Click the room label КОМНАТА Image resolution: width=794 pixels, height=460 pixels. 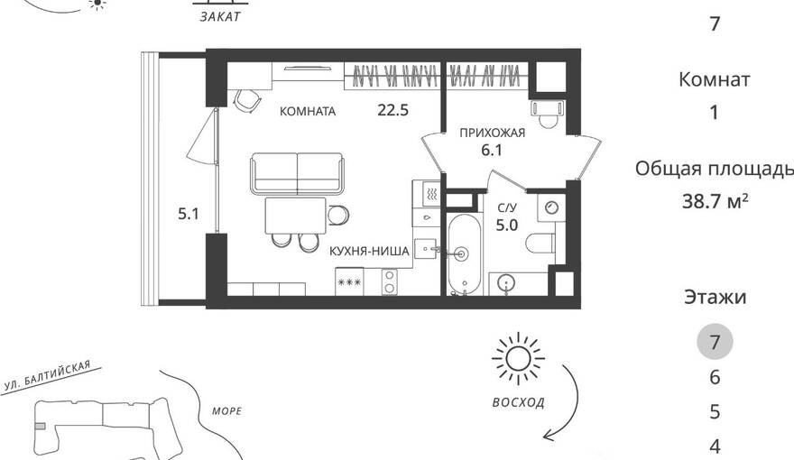pos(308,111)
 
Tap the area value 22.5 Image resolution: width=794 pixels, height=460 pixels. pos(393,110)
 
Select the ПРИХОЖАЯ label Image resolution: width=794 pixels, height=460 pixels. pos(493,133)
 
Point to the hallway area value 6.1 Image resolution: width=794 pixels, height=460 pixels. pos(492,151)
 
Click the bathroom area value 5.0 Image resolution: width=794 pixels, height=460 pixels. pos(507,225)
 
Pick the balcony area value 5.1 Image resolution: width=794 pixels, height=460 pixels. pos(189,214)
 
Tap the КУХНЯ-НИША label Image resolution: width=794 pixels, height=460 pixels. pos(369,251)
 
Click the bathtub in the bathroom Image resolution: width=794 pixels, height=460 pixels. pos(464,255)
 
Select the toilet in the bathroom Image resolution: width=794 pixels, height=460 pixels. pos(540,244)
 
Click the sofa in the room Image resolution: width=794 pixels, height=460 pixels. pos(297,173)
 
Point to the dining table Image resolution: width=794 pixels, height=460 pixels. pos(296,216)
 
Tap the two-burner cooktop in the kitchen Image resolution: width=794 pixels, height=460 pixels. pos(390,282)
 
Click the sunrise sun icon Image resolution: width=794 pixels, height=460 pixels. pos(518,359)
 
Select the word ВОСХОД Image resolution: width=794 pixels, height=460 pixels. pos(519,403)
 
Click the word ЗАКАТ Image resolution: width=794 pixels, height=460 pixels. pos(220,17)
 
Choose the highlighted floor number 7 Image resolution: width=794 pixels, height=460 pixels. pos(715,342)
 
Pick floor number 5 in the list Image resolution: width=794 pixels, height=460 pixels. pos(715,412)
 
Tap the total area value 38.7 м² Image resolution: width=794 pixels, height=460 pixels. pos(715,201)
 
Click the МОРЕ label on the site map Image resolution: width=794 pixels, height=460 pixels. pos(226,411)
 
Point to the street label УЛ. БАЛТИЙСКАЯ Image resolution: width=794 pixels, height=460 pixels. pos(47,375)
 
